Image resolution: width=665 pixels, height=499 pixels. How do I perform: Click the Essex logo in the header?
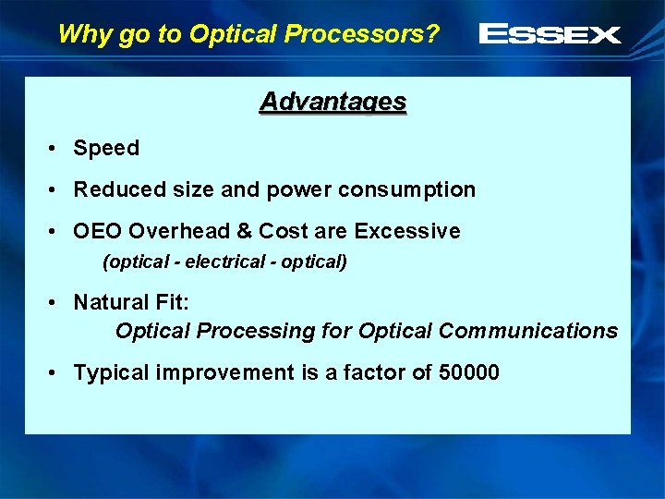550,35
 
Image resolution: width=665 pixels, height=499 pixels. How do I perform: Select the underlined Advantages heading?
332,102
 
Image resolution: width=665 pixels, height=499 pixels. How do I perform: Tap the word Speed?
106,148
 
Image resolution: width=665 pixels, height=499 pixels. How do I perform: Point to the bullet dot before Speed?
56,149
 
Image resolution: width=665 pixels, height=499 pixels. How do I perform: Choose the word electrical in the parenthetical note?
224,262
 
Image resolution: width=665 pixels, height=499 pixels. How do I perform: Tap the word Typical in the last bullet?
112,372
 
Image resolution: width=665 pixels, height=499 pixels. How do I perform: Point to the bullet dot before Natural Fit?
56,303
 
